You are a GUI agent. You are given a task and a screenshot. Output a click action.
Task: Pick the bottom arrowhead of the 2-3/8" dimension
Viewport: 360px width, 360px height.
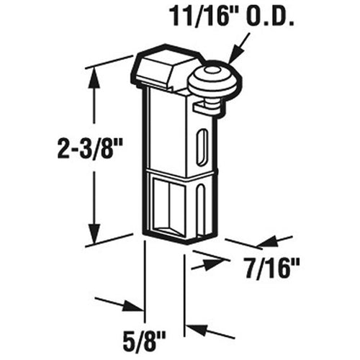click(x=93, y=233)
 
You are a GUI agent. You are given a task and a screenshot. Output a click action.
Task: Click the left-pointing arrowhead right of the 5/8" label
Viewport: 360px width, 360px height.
click(x=195, y=331)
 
